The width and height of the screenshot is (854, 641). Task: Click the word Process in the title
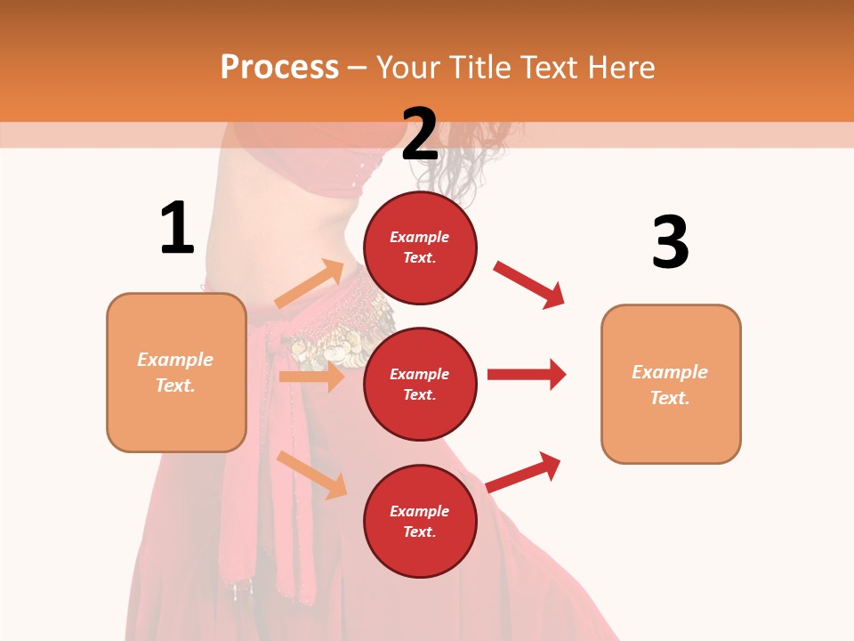279,67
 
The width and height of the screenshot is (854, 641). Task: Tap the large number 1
177,228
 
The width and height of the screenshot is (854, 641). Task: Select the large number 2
420,134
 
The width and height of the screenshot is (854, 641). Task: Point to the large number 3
670,242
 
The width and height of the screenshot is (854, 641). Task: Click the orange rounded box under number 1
176,372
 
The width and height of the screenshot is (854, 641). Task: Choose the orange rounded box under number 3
671,384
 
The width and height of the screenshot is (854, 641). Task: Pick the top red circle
420,247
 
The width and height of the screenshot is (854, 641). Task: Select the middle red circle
420,384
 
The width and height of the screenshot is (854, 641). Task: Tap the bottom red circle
420,521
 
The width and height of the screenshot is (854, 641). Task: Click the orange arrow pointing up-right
309,284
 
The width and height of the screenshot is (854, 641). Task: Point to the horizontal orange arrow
311,377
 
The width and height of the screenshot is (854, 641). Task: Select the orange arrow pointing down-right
311,475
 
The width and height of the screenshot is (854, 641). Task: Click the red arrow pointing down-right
529,284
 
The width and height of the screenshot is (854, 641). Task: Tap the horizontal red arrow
527,374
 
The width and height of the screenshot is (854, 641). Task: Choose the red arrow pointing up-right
524,472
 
